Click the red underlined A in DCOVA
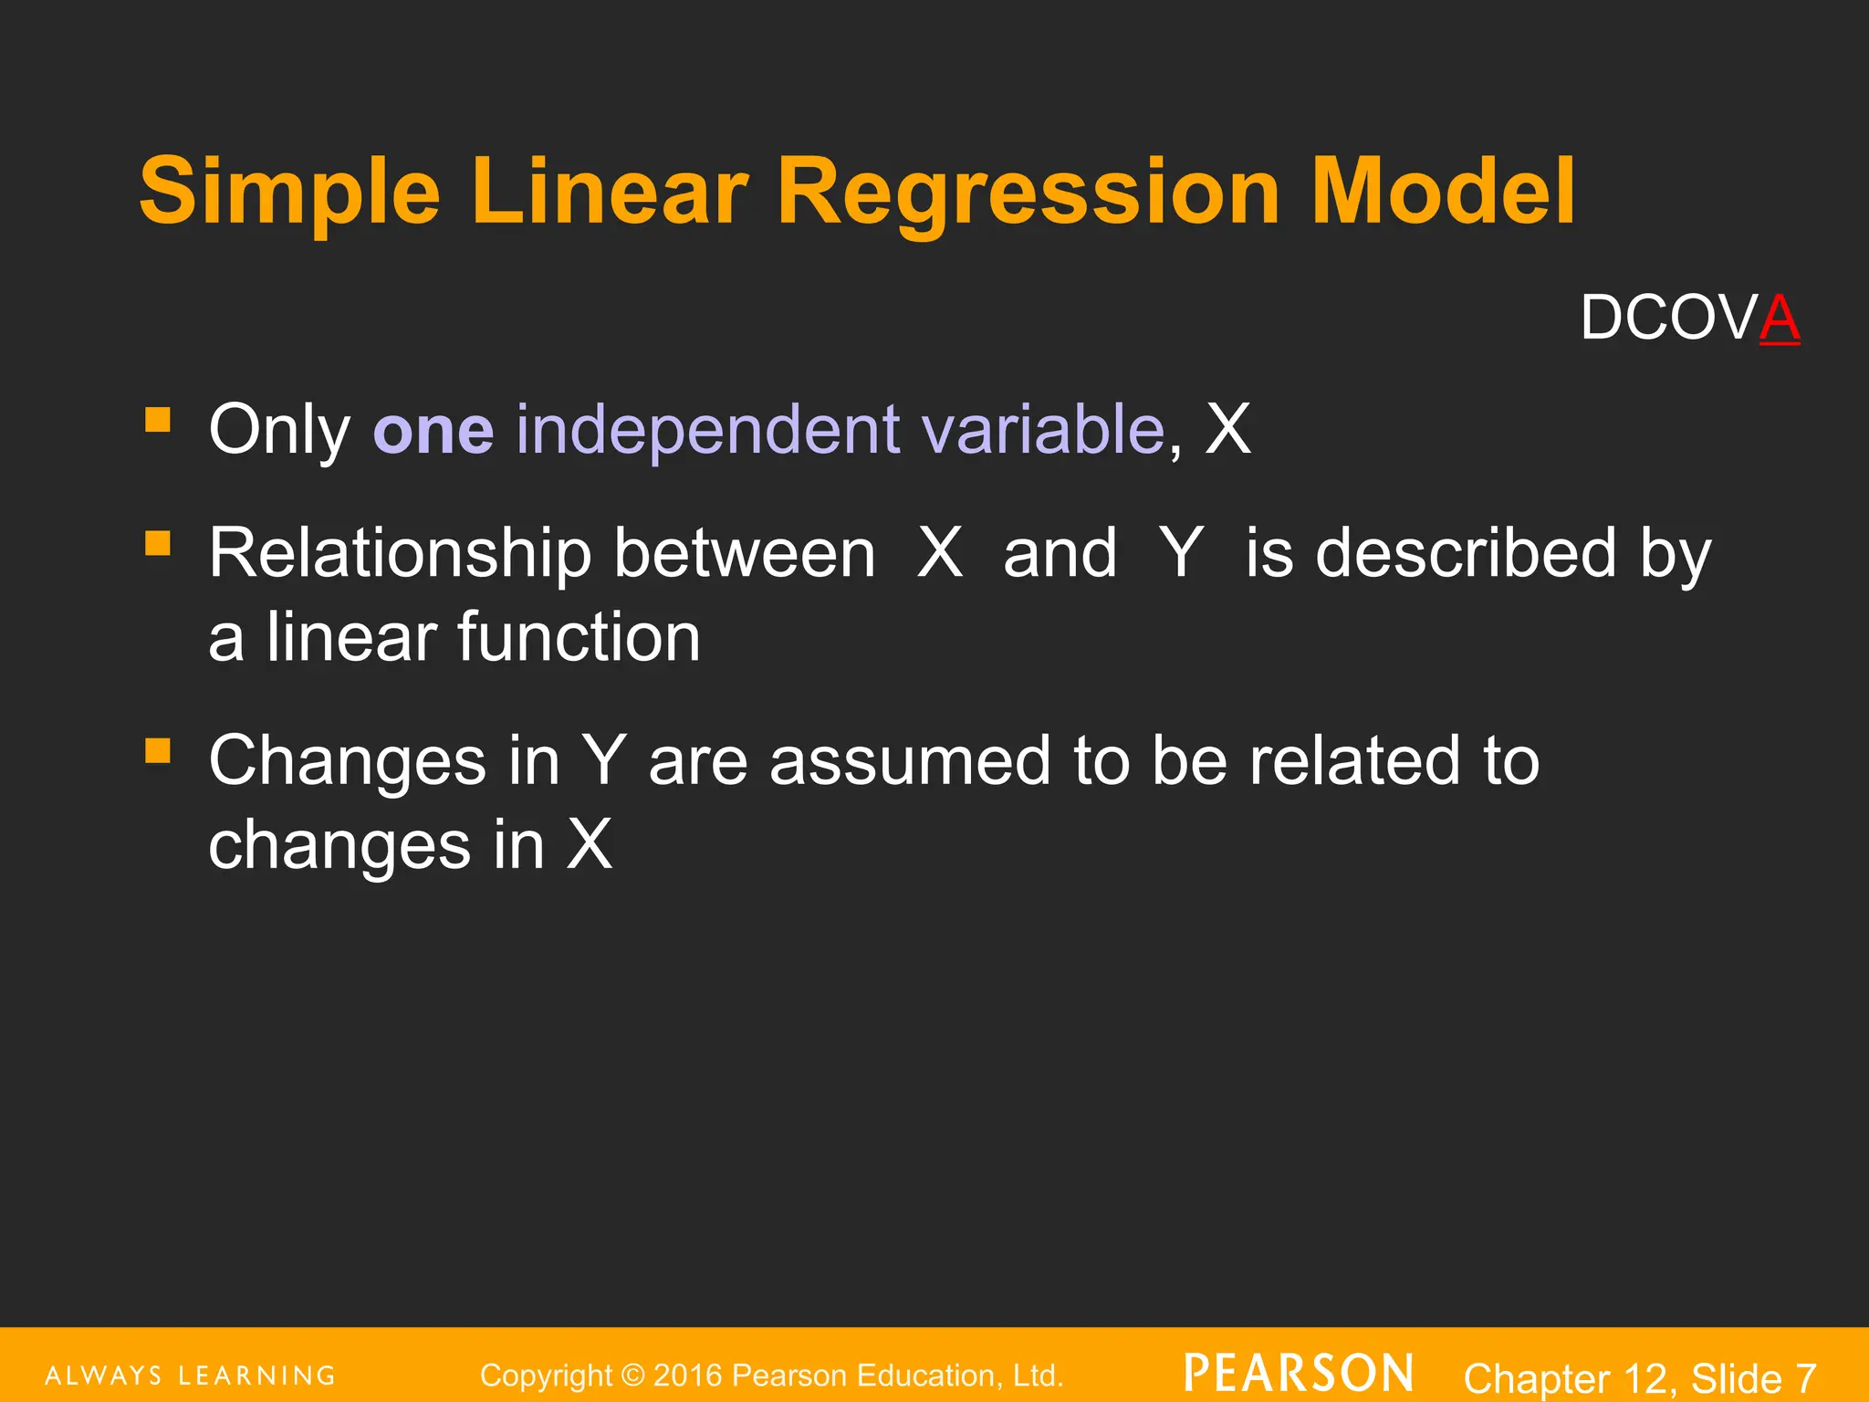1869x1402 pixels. [1780, 319]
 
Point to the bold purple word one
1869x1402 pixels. [433, 431]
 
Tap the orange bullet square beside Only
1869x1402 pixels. [158, 419]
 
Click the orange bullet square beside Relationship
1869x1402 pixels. [158, 543]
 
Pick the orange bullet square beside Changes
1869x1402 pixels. [158, 750]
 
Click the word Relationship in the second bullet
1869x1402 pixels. [400, 554]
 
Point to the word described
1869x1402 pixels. [1466, 554]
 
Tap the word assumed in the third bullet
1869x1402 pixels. [910, 761]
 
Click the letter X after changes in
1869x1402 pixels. [590, 845]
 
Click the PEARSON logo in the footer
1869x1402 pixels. [1299, 1374]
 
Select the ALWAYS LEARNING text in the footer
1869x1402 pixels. [191, 1376]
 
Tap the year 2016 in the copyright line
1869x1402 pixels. [689, 1376]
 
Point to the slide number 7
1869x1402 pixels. [1805, 1377]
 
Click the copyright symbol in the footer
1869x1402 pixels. [632, 1376]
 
